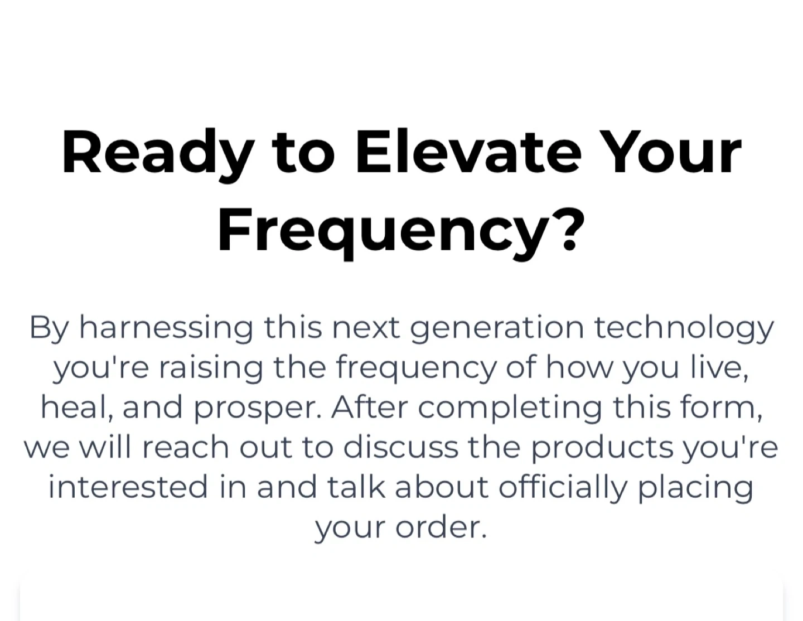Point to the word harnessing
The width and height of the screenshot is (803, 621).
166,328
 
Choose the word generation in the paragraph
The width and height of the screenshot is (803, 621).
497,328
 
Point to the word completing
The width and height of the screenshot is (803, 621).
510,410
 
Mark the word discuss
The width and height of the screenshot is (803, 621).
401,447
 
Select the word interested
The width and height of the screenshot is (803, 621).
128,487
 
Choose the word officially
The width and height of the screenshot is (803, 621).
563,489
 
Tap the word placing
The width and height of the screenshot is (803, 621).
696,489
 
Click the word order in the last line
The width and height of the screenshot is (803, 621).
441,527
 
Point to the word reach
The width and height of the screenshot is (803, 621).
186,447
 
